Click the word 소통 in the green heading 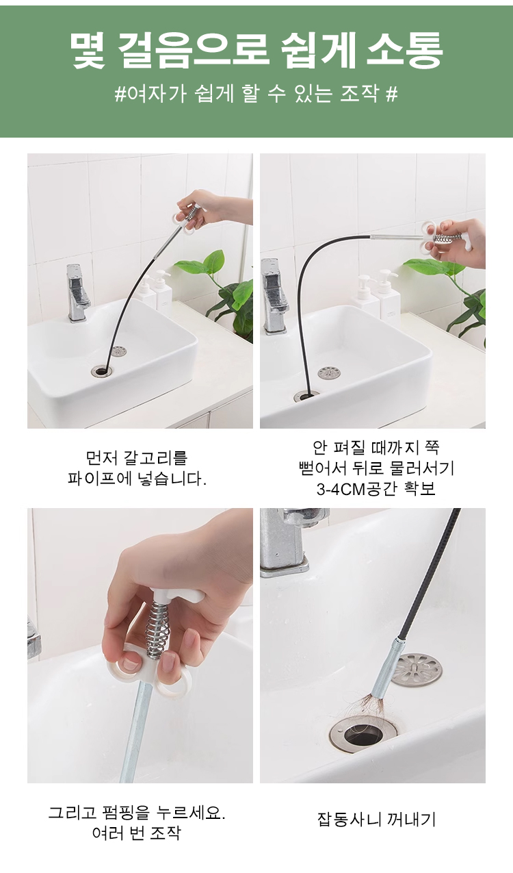point(405,50)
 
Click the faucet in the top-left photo point(78,292)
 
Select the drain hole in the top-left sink point(101,370)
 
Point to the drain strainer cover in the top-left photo point(119,351)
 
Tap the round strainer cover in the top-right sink point(329,373)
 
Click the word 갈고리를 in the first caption point(156,458)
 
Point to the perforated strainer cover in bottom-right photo point(416,670)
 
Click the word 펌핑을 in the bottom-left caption point(126,813)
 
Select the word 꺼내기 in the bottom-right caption point(410,819)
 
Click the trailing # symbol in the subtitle point(391,94)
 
